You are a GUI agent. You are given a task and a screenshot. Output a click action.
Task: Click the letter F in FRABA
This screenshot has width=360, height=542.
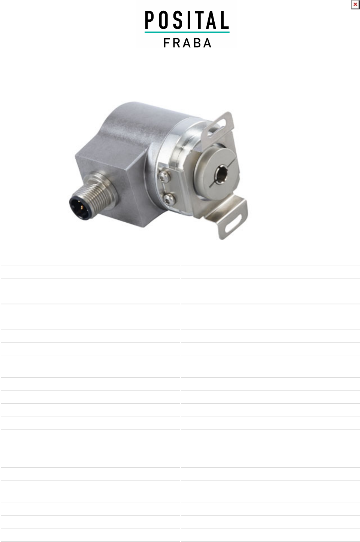(x=167, y=43)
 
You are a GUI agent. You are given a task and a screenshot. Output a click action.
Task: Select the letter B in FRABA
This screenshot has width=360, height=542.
(x=197, y=43)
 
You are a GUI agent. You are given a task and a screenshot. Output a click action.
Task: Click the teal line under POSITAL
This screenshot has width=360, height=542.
(x=187, y=32)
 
